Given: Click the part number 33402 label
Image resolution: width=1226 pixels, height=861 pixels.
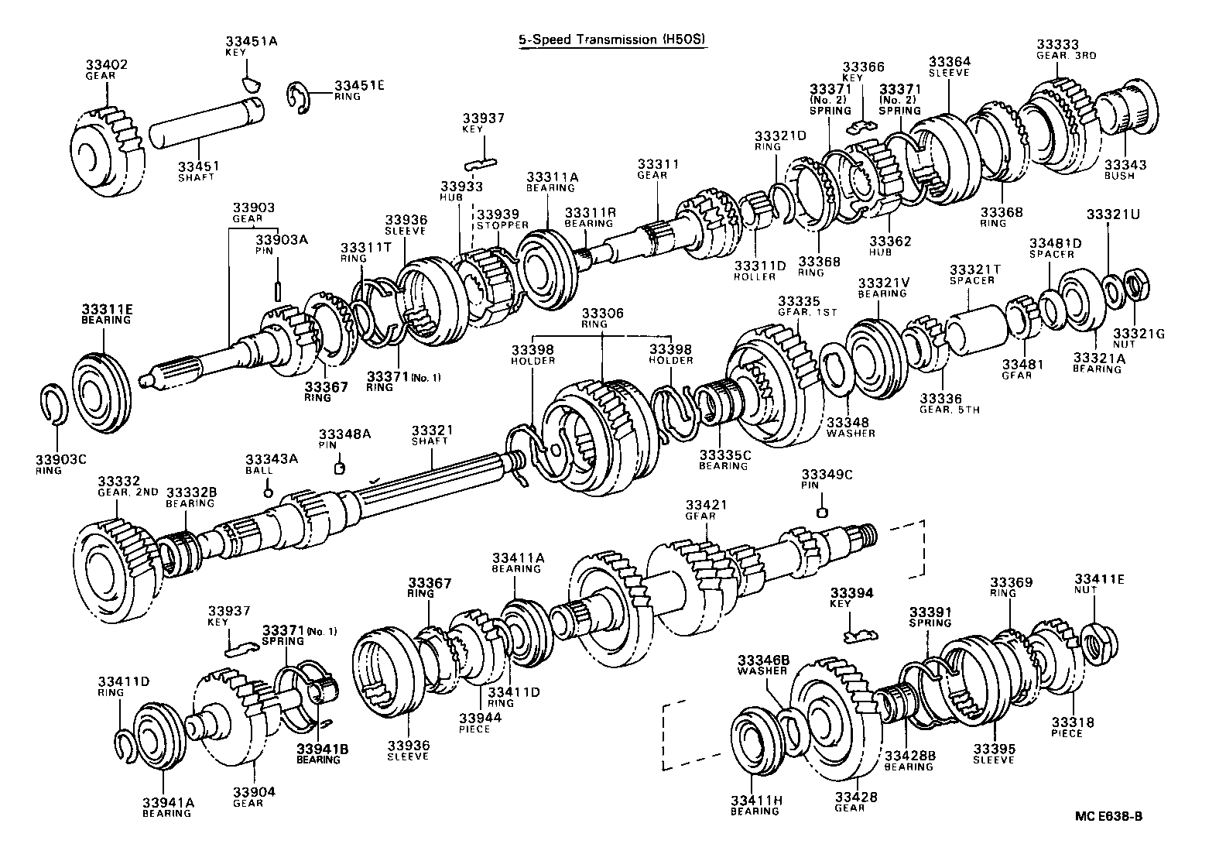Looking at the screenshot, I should tap(107, 64).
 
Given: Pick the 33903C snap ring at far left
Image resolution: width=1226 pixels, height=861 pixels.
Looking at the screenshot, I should tap(52, 404).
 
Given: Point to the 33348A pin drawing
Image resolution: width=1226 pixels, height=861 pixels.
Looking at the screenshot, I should tap(338, 467).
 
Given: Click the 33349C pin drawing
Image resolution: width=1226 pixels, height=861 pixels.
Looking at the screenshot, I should tap(824, 511).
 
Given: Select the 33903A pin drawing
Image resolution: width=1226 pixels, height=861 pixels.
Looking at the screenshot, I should tap(276, 289).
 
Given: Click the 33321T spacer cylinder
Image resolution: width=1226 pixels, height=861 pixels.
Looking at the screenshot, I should tap(977, 329).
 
